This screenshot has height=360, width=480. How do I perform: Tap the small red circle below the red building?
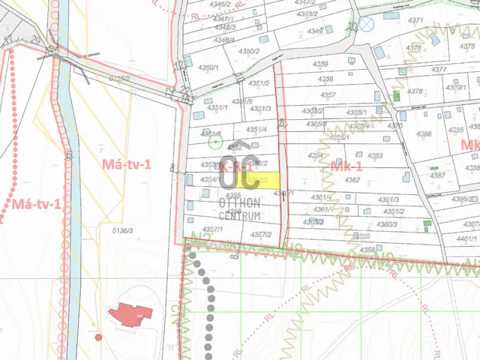point(99,337)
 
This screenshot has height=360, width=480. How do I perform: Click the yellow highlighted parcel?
point(267,180)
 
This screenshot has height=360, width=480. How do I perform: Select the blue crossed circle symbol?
point(366,24)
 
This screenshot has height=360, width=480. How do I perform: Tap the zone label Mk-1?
point(346,167)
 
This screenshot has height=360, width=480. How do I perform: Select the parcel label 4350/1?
point(208,67)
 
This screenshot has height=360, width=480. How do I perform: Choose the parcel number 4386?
point(424,134)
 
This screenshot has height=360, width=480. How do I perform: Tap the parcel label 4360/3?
point(387,224)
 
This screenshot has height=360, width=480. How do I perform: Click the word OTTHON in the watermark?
point(239,202)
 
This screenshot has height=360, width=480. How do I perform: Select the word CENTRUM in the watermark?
point(239,215)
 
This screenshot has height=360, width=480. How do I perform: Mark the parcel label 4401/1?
point(465,238)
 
